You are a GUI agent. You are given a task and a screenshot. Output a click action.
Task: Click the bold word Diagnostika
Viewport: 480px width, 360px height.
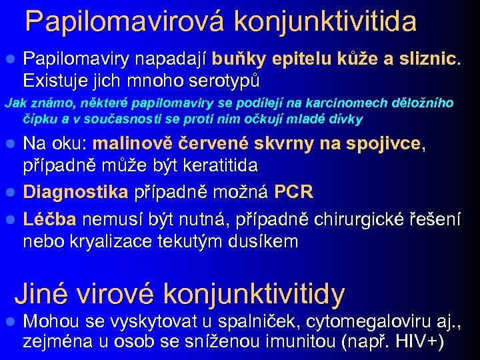pyautogui.click(x=75, y=193)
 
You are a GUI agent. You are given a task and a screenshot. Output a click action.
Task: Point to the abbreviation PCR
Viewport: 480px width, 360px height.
pyautogui.click(x=293, y=193)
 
